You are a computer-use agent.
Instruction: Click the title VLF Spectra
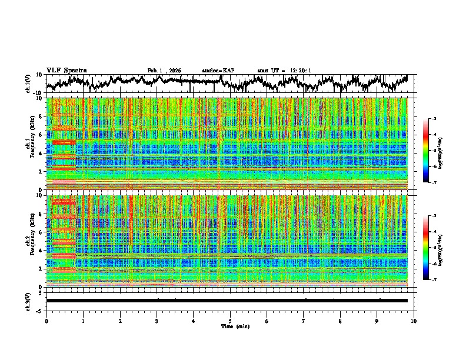tap(66, 70)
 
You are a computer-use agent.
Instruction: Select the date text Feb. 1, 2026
tap(164, 71)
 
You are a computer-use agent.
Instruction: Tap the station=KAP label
tap(218, 71)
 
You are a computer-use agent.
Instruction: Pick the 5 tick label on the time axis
tap(230, 321)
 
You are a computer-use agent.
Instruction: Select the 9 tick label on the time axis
tap(377, 321)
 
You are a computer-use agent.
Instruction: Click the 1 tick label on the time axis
tap(83, 321)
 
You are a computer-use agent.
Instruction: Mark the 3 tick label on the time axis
tap(157, 321)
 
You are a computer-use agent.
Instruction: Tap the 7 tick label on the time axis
tap(304, 321)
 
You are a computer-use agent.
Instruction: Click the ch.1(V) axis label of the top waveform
tap(28, 84)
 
